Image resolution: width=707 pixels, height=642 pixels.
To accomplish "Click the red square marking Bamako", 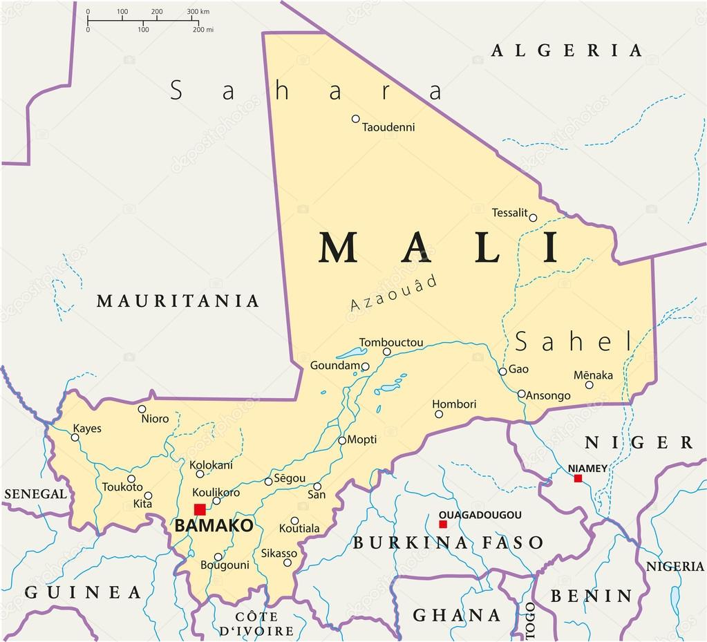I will [x=200, y=509].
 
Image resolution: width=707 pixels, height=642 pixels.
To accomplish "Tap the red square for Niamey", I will [x=578, y=478].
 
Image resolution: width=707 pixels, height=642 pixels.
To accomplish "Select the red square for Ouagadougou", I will [x=443, y=524].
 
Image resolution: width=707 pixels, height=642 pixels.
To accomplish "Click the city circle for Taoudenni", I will [x=356, y=119].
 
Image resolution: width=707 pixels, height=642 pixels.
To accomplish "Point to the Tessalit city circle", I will [x=533, y=218].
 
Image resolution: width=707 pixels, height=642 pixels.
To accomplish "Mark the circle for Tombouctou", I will [x=387, y=352].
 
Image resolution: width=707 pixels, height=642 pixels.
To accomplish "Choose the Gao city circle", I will [x=503, y=371].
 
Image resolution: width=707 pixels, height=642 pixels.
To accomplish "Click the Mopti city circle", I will [x=342, y=440].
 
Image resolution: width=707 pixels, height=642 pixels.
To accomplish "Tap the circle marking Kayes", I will [x=75, y=437].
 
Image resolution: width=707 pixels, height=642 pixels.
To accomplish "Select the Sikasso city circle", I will [x=287, y=563].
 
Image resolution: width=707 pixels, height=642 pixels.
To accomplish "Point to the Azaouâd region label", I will [x=393, y=293].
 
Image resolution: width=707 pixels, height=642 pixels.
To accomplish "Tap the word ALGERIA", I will [x=567, y=50].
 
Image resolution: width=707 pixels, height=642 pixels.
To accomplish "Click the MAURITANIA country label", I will [x=178, y=301].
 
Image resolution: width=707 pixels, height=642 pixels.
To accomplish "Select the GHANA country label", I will [x=457, y=614].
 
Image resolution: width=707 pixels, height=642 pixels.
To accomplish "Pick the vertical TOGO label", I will [x=530, y=619].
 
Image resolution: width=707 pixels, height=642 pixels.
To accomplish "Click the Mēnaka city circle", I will [x=590, y=385].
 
